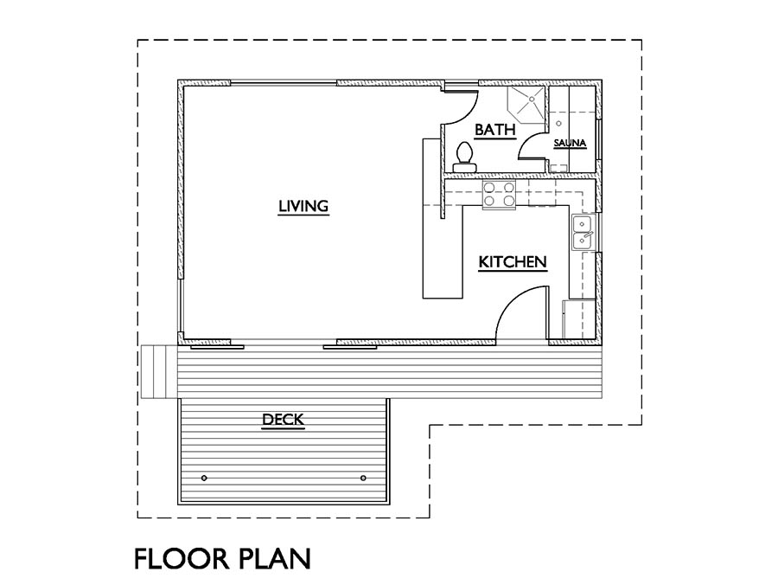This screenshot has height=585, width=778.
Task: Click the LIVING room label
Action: pyautogui.click(x=303, y=206)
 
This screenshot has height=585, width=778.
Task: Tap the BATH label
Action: pyautogui.click(x=494, y=130)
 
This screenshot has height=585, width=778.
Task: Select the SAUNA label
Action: pyautogui.click(x=571, y=144)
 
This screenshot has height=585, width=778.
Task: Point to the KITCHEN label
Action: pyautogui.click(x=513, y=261)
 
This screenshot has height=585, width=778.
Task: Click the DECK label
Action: pyautogui.click(x=283, y=420)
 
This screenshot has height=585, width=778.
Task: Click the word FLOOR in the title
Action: pyautogui.click(x=182, y=558)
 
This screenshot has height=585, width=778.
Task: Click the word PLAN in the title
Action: pyautogui.click(x=276, y=558)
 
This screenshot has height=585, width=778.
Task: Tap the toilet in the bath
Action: pyautogui.click(x=465, y=157)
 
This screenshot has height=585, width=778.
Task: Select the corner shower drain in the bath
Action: pyautogui.click(x=532, y=99)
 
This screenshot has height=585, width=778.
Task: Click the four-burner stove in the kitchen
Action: pyautogui.click(x=499, y=194)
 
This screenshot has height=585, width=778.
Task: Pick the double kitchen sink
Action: pyautogui.click(x=583, y=233)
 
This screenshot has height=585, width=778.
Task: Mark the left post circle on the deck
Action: pyautogui.click(x=204, y=478)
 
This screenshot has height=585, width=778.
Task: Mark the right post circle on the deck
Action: pyautogui.click(x=363, y=478)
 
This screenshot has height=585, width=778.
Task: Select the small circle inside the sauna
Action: pyautogui.click(x=558, y=123)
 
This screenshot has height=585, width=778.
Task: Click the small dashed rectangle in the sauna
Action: pyautogui.click(x=559, y=168)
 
